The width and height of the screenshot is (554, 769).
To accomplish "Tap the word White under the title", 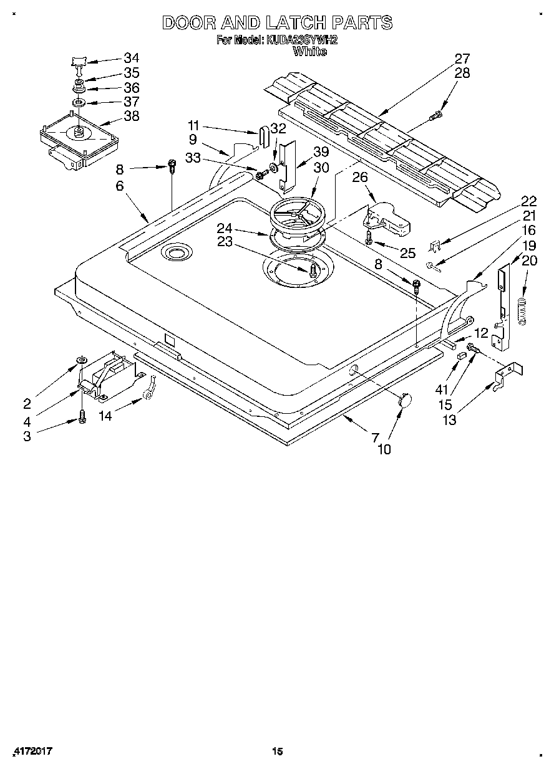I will tap(309, 51).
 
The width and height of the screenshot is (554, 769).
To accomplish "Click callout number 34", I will tap(132, 58).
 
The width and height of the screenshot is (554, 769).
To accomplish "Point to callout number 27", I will tap(462, 59).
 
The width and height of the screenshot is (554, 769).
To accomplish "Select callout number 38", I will tap(132, 116).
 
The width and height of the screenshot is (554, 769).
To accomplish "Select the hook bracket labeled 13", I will tap(503, 380).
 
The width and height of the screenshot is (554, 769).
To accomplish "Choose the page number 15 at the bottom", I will tap(277, 752).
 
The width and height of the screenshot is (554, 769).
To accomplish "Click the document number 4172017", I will tap(32, 752).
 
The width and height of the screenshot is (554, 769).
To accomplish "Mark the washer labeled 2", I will tap(81, 361).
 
